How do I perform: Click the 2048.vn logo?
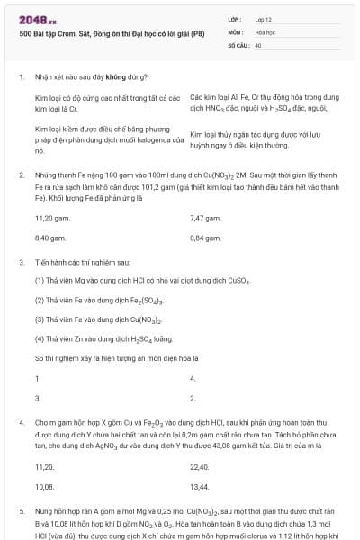click(x=38, y=19)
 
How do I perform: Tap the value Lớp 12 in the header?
click(x=263, y=19)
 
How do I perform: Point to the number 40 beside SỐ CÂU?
click(x=258, y=44)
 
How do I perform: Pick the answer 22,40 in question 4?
click(x=200, y=467)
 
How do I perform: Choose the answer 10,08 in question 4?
click(x=45, y=486)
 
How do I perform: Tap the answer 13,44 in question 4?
click(x=200, y=486)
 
